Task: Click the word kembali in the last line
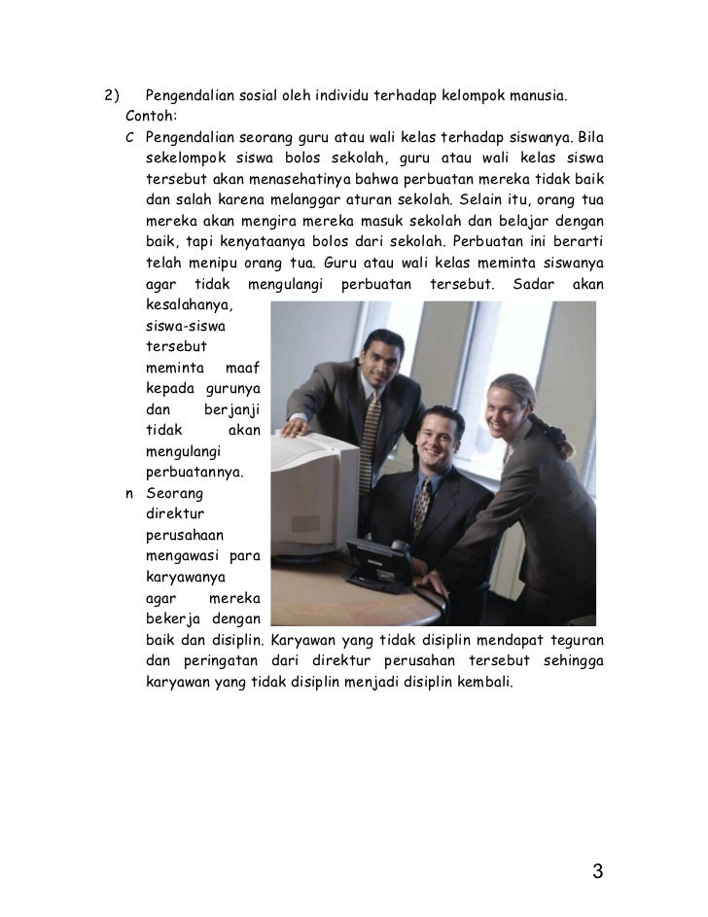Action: (x=482, y=683)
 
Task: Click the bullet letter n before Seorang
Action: (x=130, y=494)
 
